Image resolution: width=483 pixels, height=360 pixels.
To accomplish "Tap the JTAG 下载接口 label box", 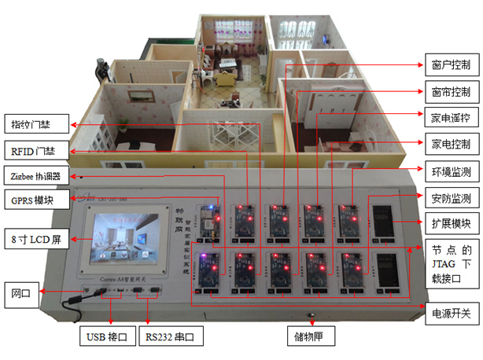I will click(451, 263).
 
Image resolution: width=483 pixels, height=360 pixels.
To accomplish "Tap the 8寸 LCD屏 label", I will click(35, 238).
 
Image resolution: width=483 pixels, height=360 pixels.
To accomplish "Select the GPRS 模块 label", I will click(34, 200).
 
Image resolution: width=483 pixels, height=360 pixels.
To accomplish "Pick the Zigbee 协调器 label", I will click(35, 174).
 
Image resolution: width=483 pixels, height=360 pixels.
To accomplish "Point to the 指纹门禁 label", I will click(35, 124).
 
